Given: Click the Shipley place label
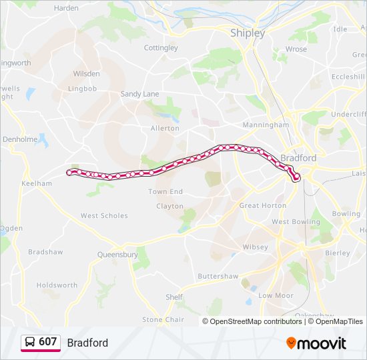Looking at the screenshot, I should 247,33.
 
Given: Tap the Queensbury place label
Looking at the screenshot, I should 117,254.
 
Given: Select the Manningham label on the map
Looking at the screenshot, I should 266,124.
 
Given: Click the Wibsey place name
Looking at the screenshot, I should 255,247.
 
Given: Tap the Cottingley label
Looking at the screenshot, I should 161,48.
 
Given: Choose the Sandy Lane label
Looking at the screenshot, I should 140,94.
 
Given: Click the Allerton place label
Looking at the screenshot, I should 165,128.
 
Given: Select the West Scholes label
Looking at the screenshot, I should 104,215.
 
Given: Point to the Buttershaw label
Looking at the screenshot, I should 218,275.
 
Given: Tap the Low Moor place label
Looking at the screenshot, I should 276,295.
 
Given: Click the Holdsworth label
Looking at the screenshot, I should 57,285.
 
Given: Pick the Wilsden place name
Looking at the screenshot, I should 87,73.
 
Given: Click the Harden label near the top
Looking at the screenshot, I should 66,8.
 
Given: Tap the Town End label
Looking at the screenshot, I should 165,191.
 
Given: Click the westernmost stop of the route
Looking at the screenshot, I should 69,173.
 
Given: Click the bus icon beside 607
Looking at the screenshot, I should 30,343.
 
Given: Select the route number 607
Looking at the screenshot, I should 48,342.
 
